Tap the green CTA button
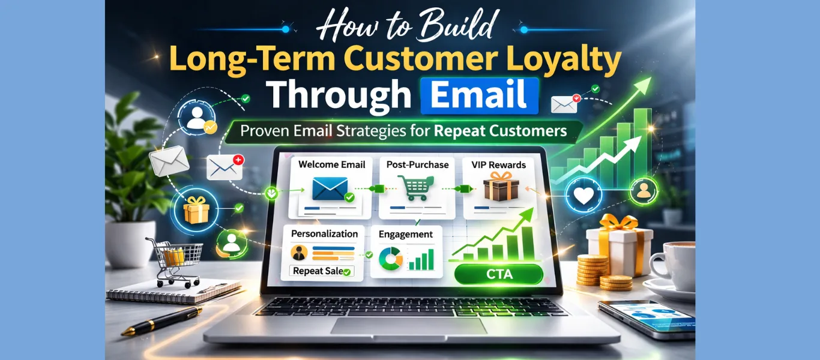click(x=498, y=275)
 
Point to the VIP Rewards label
click(x=499, y=164)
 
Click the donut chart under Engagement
click(x=391, y=259)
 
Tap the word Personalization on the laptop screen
click(x=324, y=233)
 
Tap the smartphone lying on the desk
click(x=645, y=319)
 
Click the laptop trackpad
click(x=408, y=326)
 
